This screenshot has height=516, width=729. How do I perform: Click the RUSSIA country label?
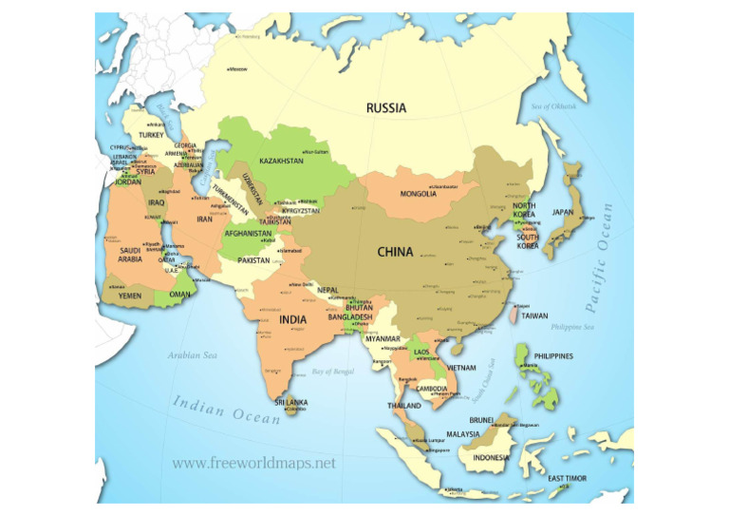(x=386, y=108)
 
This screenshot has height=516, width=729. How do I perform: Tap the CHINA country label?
(x=395, y=252)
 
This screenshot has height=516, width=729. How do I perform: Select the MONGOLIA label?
(x=418, y=194)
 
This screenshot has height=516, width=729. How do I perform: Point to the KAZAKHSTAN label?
(x=281, y=162)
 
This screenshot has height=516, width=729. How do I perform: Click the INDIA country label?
(x=293, y=319)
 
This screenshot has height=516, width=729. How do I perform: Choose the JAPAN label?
(x=563, y=213)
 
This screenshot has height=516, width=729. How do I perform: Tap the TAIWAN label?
(x=534, y=315)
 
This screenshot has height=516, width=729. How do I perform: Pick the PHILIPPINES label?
(x=553, y=356)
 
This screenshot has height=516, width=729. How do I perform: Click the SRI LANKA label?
(x=291, y=403)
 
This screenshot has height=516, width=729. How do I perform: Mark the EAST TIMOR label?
(x=569, y=478)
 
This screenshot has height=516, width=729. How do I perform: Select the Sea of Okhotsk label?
(x=554, y=106)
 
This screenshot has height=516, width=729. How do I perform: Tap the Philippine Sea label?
(x=573, y=327)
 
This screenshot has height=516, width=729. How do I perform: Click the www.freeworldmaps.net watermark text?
(x=254, y=464)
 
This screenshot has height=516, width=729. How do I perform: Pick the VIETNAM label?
(x=461, y=367)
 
